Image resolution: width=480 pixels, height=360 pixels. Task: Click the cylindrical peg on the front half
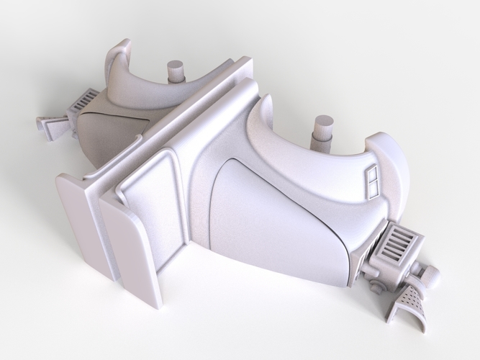pos(324,132)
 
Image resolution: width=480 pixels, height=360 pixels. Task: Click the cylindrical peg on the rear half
pos(176,71)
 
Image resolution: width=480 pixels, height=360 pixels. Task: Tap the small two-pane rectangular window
pos(373,181)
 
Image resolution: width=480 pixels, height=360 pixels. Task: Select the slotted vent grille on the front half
pos(394,243)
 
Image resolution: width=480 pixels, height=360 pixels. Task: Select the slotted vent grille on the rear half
pos(84,100)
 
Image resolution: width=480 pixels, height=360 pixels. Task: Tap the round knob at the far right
pos(430,274)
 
